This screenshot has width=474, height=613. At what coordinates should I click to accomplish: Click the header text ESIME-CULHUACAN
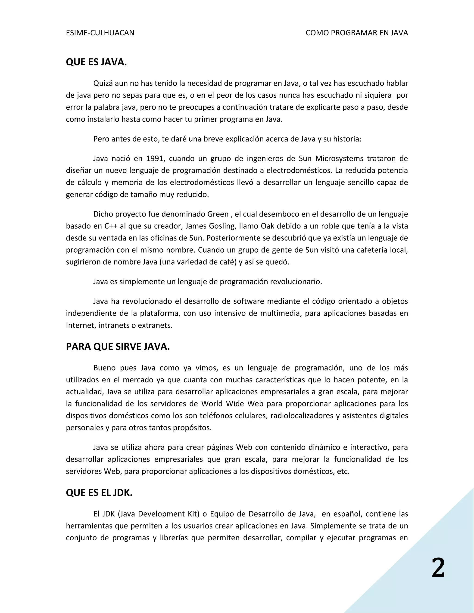[x=100, y=33]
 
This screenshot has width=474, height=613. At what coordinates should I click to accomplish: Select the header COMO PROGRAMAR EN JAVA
[x=357, y=33]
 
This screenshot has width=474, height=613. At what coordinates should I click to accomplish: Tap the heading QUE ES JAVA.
[x=96, y=62]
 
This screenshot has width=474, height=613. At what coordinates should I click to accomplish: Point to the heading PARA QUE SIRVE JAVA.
[x=118, y=347]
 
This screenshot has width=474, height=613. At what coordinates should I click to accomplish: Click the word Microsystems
[x=339, y=159]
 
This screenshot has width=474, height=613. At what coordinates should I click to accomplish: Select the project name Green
[x=218, y=214]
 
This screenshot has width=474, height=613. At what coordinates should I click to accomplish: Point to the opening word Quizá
[x=103, y=83]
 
